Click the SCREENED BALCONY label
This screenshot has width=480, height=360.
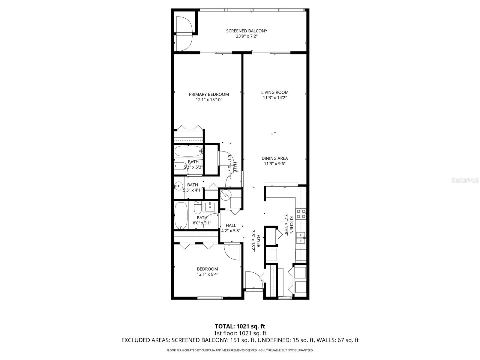pyautogui.click(x=247, y=31)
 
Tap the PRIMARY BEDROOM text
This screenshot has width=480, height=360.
pyautogui.click(x=209, y=94)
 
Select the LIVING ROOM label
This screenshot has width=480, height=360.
pyautogui.click(x=275, y=92)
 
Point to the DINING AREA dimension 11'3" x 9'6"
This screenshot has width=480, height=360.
pyautogui.click(x=275, y=164)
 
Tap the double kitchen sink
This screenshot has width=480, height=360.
pyautogui.click(x=301, y=237)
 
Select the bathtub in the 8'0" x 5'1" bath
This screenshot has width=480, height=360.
pyautogui.click(x=181, y=215)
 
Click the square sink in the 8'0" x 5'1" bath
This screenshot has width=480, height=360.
pyautogui.click(x=210, y=207)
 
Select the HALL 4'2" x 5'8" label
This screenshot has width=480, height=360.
pyautogui.click(x=231, y=225)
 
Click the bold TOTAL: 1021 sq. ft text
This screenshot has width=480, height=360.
pyautogui.click(x=240, y=326)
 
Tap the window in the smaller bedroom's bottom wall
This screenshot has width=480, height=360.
pyautogui.click(x=210, y=298)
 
